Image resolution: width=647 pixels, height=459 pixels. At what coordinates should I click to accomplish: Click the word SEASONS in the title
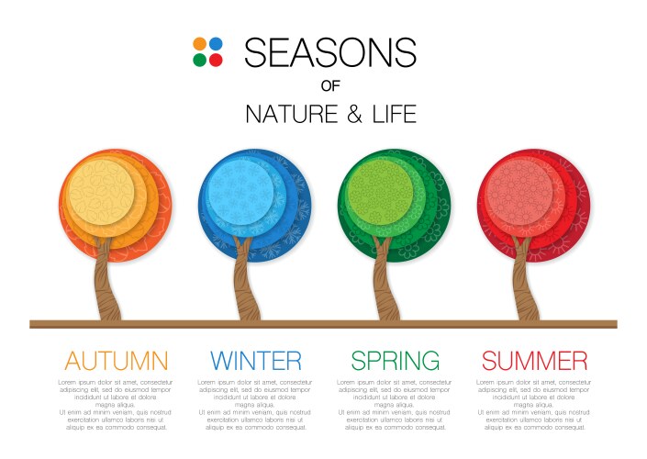tap(330, 52)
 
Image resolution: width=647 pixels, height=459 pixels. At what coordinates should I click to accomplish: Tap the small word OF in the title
tap(330, 86)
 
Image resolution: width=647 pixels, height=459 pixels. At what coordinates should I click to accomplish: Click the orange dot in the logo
tap(199, 44)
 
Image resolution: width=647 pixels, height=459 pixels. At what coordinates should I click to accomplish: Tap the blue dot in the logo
tap(216, 44)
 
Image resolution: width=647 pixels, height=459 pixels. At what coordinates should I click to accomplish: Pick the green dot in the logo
tap(199, 61)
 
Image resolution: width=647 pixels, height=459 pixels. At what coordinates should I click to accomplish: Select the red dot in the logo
tap(216, 61)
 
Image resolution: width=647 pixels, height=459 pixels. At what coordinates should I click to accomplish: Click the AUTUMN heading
tap(116, 360)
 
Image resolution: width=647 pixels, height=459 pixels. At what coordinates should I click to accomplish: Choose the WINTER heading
tap(255, 360)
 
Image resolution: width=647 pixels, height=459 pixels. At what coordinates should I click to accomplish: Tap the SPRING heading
tap(395, 360)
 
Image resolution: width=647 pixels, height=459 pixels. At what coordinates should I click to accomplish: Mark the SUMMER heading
tap(534, 360)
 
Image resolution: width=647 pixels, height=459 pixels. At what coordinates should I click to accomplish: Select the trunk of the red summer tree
tap(526, 285)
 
